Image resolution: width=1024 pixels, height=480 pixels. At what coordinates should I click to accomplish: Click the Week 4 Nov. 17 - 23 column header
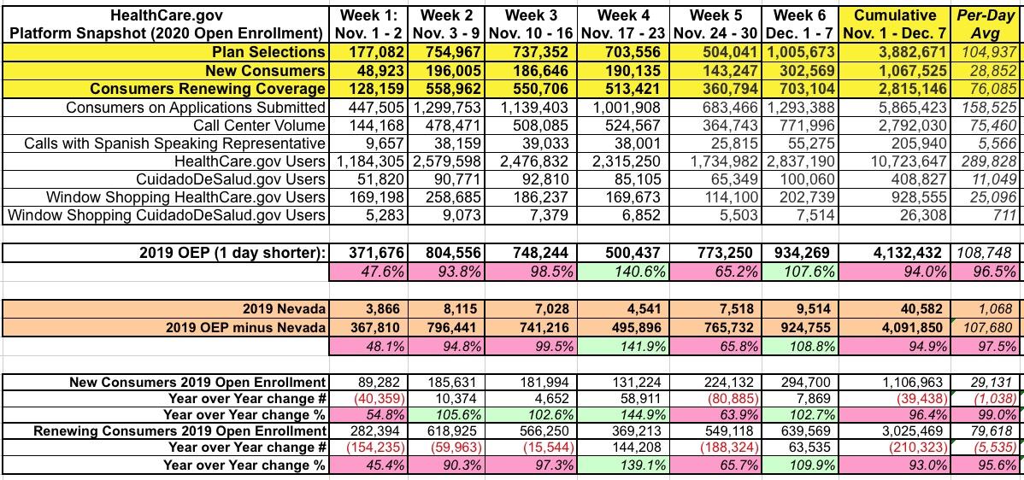pyautogui.click(x=623, y=24)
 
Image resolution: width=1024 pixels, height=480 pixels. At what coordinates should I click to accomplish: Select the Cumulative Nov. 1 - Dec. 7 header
pyautogui.click(x=894, y=24)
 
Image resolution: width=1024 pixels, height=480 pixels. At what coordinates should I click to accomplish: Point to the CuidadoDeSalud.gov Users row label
pyautogui.click(x=232, y=179)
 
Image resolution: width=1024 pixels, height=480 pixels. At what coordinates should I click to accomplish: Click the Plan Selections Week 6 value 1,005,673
pyautogui.click(x=804, y=52)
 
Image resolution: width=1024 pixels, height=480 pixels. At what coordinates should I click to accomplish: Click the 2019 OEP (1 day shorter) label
pyautogui.click(x=232, y=253)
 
